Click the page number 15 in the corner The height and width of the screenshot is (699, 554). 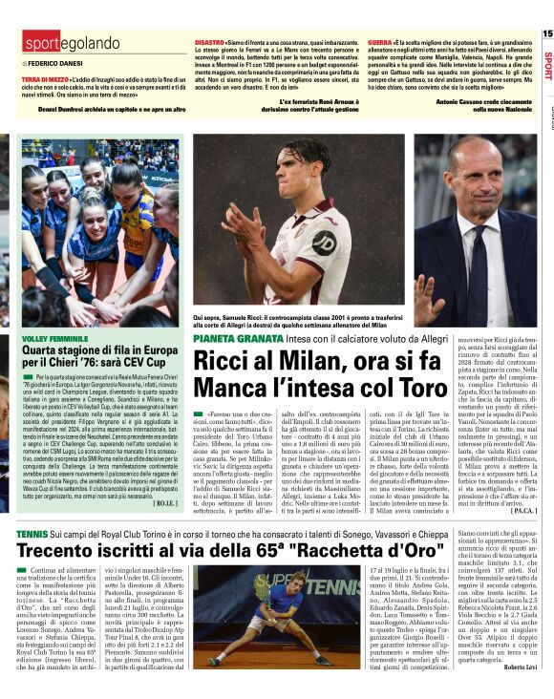546,33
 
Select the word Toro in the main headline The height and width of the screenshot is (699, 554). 388,388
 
